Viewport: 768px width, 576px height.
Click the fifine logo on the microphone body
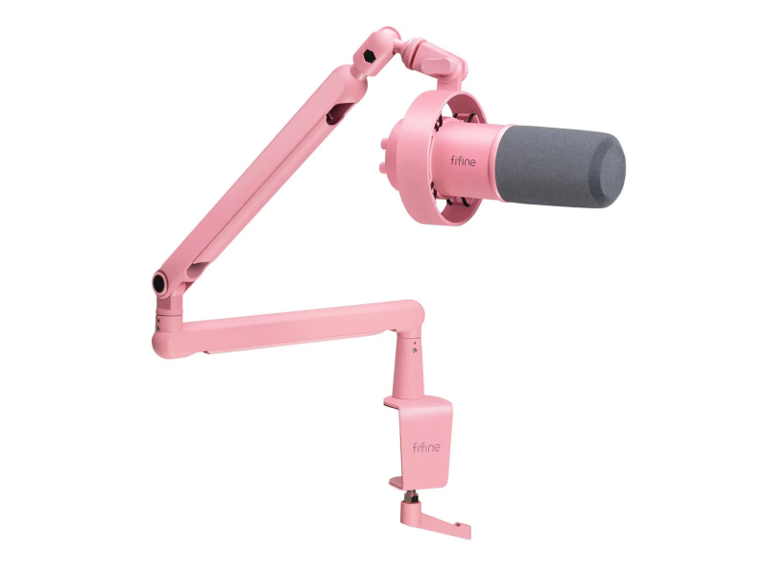(463, 160)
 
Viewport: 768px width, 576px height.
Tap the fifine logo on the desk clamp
(426, 447)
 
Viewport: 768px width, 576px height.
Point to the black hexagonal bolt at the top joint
(370, 57)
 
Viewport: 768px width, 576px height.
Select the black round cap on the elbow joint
(159, 283)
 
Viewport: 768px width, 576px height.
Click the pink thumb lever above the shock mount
(440, 64)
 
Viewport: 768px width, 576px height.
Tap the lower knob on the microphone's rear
(383, 167)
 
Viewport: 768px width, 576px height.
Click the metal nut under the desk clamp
(410, 496)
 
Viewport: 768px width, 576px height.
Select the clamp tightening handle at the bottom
(435, 522)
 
